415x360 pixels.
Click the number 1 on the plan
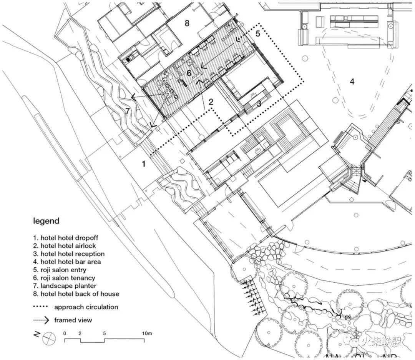pyautogui.click(x=144, y=164)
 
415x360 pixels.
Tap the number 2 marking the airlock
pyautogui.click(x=211, y=102)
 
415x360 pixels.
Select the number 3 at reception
pyautogui.click(x=259, y=103)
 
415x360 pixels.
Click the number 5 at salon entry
pyautogui.click(x=258, y=33)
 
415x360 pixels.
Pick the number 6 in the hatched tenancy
pyautogui.click(x=189, y=73)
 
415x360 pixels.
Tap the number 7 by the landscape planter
pyautogui.click(x=128, y=111)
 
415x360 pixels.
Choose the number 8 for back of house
pyautogui.click(x=187, y=23)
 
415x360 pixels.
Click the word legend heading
pyautogui.click(x=46, y=221)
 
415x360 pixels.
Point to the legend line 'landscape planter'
pyautogui.click(x=65, y=286)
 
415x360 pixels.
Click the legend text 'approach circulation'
pyautogui.click(x=86, y=307)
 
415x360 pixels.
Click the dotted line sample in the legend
pyautogui.click(x=41, y=307)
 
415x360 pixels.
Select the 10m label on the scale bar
pyautogui.click(x=148, y=333)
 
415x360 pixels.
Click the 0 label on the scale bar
pyautogui.click(x=65, y=333)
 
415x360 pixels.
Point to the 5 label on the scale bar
pyautogui.click(x=105, y=333)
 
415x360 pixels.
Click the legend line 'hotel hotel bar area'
pyautogui.click(x=65, y=262)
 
